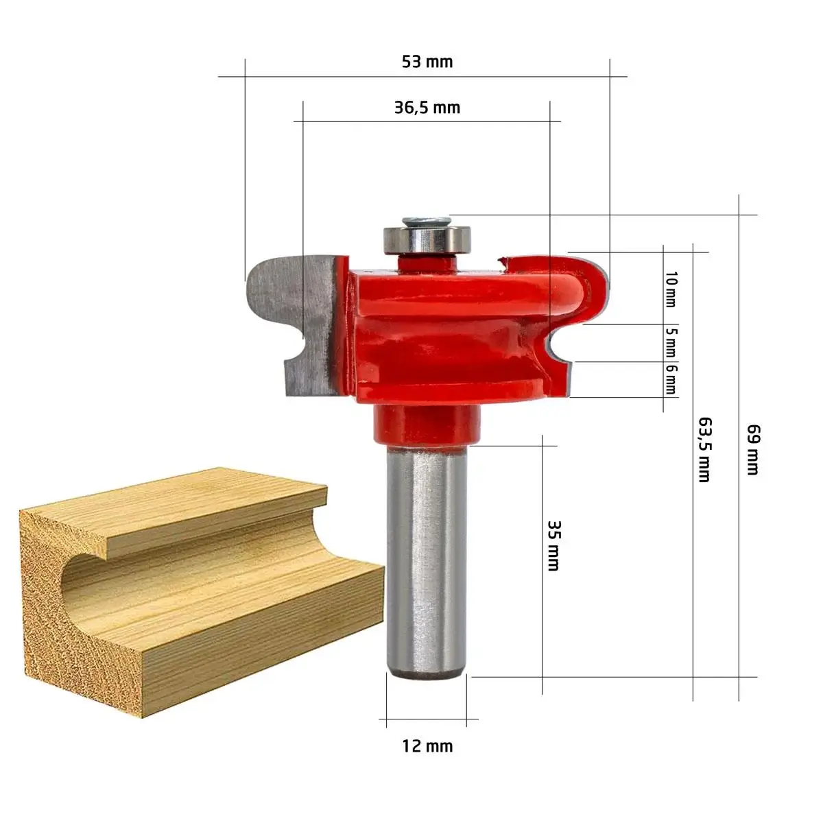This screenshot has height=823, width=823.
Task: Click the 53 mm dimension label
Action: pos(427,62)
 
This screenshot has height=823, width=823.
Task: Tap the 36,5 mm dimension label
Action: pos(427,108)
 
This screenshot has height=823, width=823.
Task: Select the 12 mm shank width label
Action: pos(427,746)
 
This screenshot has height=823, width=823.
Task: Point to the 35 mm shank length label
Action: pos(553,545)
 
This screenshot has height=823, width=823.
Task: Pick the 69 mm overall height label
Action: pos(752,449)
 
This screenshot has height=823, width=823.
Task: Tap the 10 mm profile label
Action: pos(671,289)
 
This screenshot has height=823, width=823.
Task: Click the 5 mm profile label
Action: pos(671,342)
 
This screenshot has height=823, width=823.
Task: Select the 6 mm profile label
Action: pos(671,379)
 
